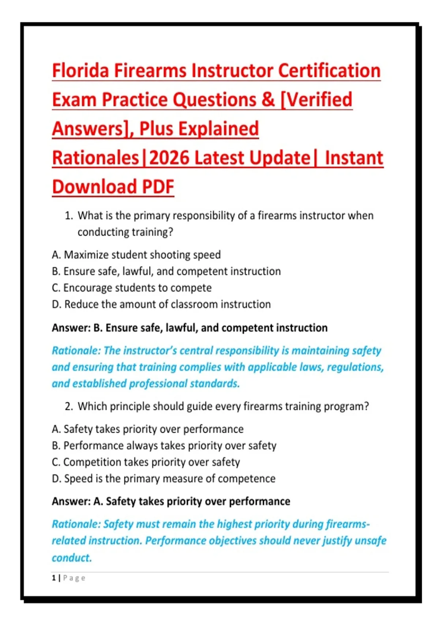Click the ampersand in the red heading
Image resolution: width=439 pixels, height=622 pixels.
(268, 100)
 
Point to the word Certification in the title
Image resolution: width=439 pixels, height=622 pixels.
(329, 71)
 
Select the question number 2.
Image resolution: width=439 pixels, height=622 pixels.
(68, 406)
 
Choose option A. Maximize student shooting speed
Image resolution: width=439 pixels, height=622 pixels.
(136, 255)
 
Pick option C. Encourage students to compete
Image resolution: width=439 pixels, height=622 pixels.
(132, 288)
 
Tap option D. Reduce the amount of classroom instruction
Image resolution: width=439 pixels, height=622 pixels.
(161, 304)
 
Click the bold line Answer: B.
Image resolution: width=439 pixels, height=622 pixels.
(190, 328)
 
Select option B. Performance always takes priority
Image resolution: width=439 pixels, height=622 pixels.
(164, 446)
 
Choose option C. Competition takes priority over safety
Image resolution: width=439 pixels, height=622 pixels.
(146, 462)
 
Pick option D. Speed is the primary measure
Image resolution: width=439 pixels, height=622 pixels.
(164, 479)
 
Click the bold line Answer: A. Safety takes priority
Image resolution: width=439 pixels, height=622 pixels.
(171, 502)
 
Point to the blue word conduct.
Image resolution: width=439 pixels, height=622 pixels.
(72, 558)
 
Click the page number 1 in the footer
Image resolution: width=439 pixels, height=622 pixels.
(53, 578)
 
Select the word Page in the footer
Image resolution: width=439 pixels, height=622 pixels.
(74, 578)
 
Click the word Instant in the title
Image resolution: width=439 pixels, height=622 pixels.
(354, 158)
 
